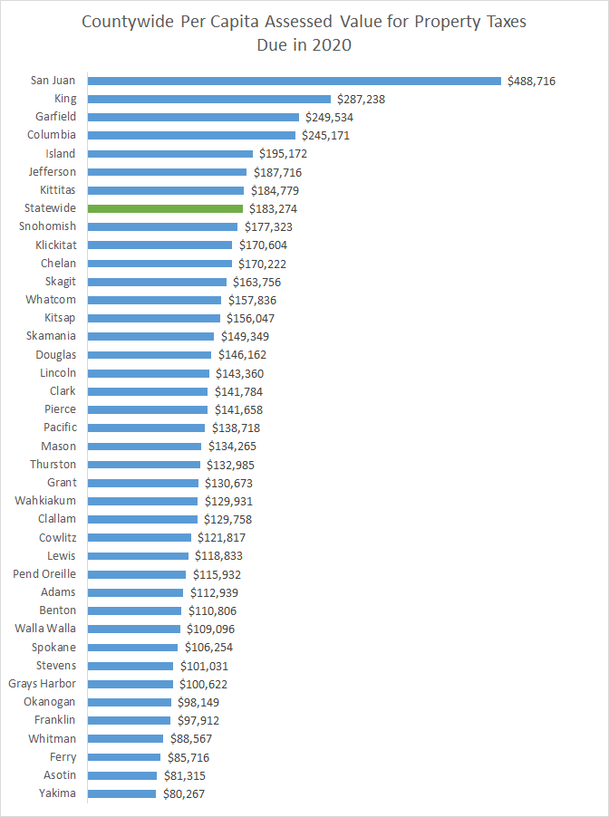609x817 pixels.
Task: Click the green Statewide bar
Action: click(x=165, y=208)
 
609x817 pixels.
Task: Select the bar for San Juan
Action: click(x=295, y=81)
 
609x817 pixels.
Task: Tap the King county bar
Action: click(x=209, y=99)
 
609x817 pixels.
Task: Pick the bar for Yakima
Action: click(x=121, y=793)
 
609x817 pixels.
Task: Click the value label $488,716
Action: click(x=531, y=81)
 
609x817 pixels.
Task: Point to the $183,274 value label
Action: click(x=274, y=208)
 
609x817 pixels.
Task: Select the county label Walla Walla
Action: click(x=45, y=629)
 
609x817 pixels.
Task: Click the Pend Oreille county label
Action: click(x=44, y=574)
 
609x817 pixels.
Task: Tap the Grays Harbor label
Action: click(x=43, y=684)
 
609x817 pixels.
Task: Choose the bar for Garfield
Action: click(x=193, y=117)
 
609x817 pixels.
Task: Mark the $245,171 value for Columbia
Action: click(x=325, y=136)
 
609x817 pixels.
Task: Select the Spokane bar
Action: click(x=132, y=648)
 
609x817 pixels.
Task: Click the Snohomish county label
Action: click(x=47, y=226)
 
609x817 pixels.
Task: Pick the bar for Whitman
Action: click(x=125, y=738)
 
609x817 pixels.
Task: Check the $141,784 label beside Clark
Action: click(x=240, y=391)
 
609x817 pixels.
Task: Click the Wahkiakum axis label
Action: click(x=45, y=501)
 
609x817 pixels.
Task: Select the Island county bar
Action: click(x=170, y=154)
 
